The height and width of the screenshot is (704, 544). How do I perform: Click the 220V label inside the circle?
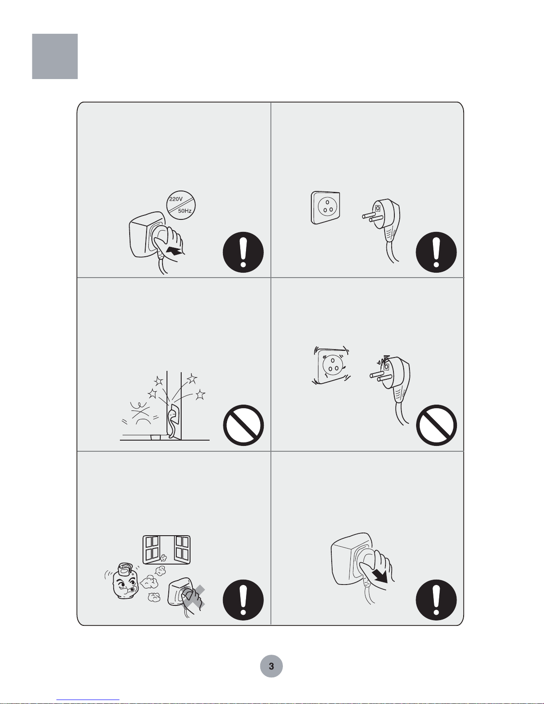(176, 199)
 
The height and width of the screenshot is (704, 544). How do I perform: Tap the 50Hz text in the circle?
(185, 211)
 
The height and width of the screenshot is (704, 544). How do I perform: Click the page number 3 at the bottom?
(271, 666)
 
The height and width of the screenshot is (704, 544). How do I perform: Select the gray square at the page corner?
(55, 56)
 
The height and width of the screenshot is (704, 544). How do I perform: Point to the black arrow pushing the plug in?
(174, 251)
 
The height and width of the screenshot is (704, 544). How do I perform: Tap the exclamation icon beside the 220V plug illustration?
(243, 252)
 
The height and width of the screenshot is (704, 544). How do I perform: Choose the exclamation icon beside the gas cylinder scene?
(243, 600)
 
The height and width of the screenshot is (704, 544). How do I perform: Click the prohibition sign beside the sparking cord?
(243, 425)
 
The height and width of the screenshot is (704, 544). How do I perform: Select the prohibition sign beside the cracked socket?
(437, 425)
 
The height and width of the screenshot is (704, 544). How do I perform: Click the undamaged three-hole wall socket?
(326, 208)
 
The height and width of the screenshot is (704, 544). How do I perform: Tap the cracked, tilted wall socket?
(331, 366)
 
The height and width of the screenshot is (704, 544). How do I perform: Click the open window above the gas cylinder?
(167, 550)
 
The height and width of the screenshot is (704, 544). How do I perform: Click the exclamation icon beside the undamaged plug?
(436, 252)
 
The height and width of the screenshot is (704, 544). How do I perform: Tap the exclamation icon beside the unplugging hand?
(436, 600)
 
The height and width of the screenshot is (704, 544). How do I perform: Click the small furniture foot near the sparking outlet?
(155, 437)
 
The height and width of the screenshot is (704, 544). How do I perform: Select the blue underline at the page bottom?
(88, 700)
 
